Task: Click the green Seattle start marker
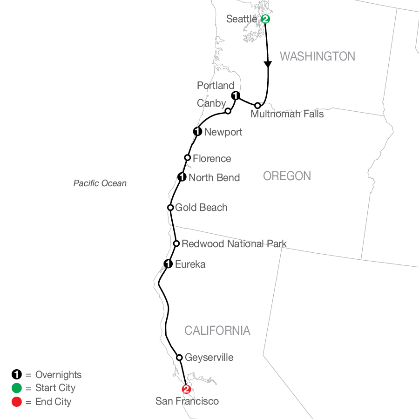[x=265, y=19]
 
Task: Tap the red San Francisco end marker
[x=186, y=389]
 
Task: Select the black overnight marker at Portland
[x=236, y=95]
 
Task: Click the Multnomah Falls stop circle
[x=257, y=106]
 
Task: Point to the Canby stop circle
[x=228, y=111]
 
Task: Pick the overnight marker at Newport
[x=197, y=132]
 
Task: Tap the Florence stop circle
[x=187, y=157]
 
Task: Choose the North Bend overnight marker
[x=182, y=177]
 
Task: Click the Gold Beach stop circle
[x=170, y=207]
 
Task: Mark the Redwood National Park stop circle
[x=176, y=243]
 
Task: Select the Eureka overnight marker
[x=168, y=264]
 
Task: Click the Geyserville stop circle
[x=180, y=358]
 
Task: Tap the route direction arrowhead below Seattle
[x=268, y=65]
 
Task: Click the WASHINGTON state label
[x=317, y=56]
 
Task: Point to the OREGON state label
[x=287, y=176]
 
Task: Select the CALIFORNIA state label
[x=217, y=331]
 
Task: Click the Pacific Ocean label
[x=100, y=183]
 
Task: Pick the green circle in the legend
[x=17, y=388]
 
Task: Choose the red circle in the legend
[x=17, y=401]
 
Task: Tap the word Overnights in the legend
[x=58, y=375]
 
